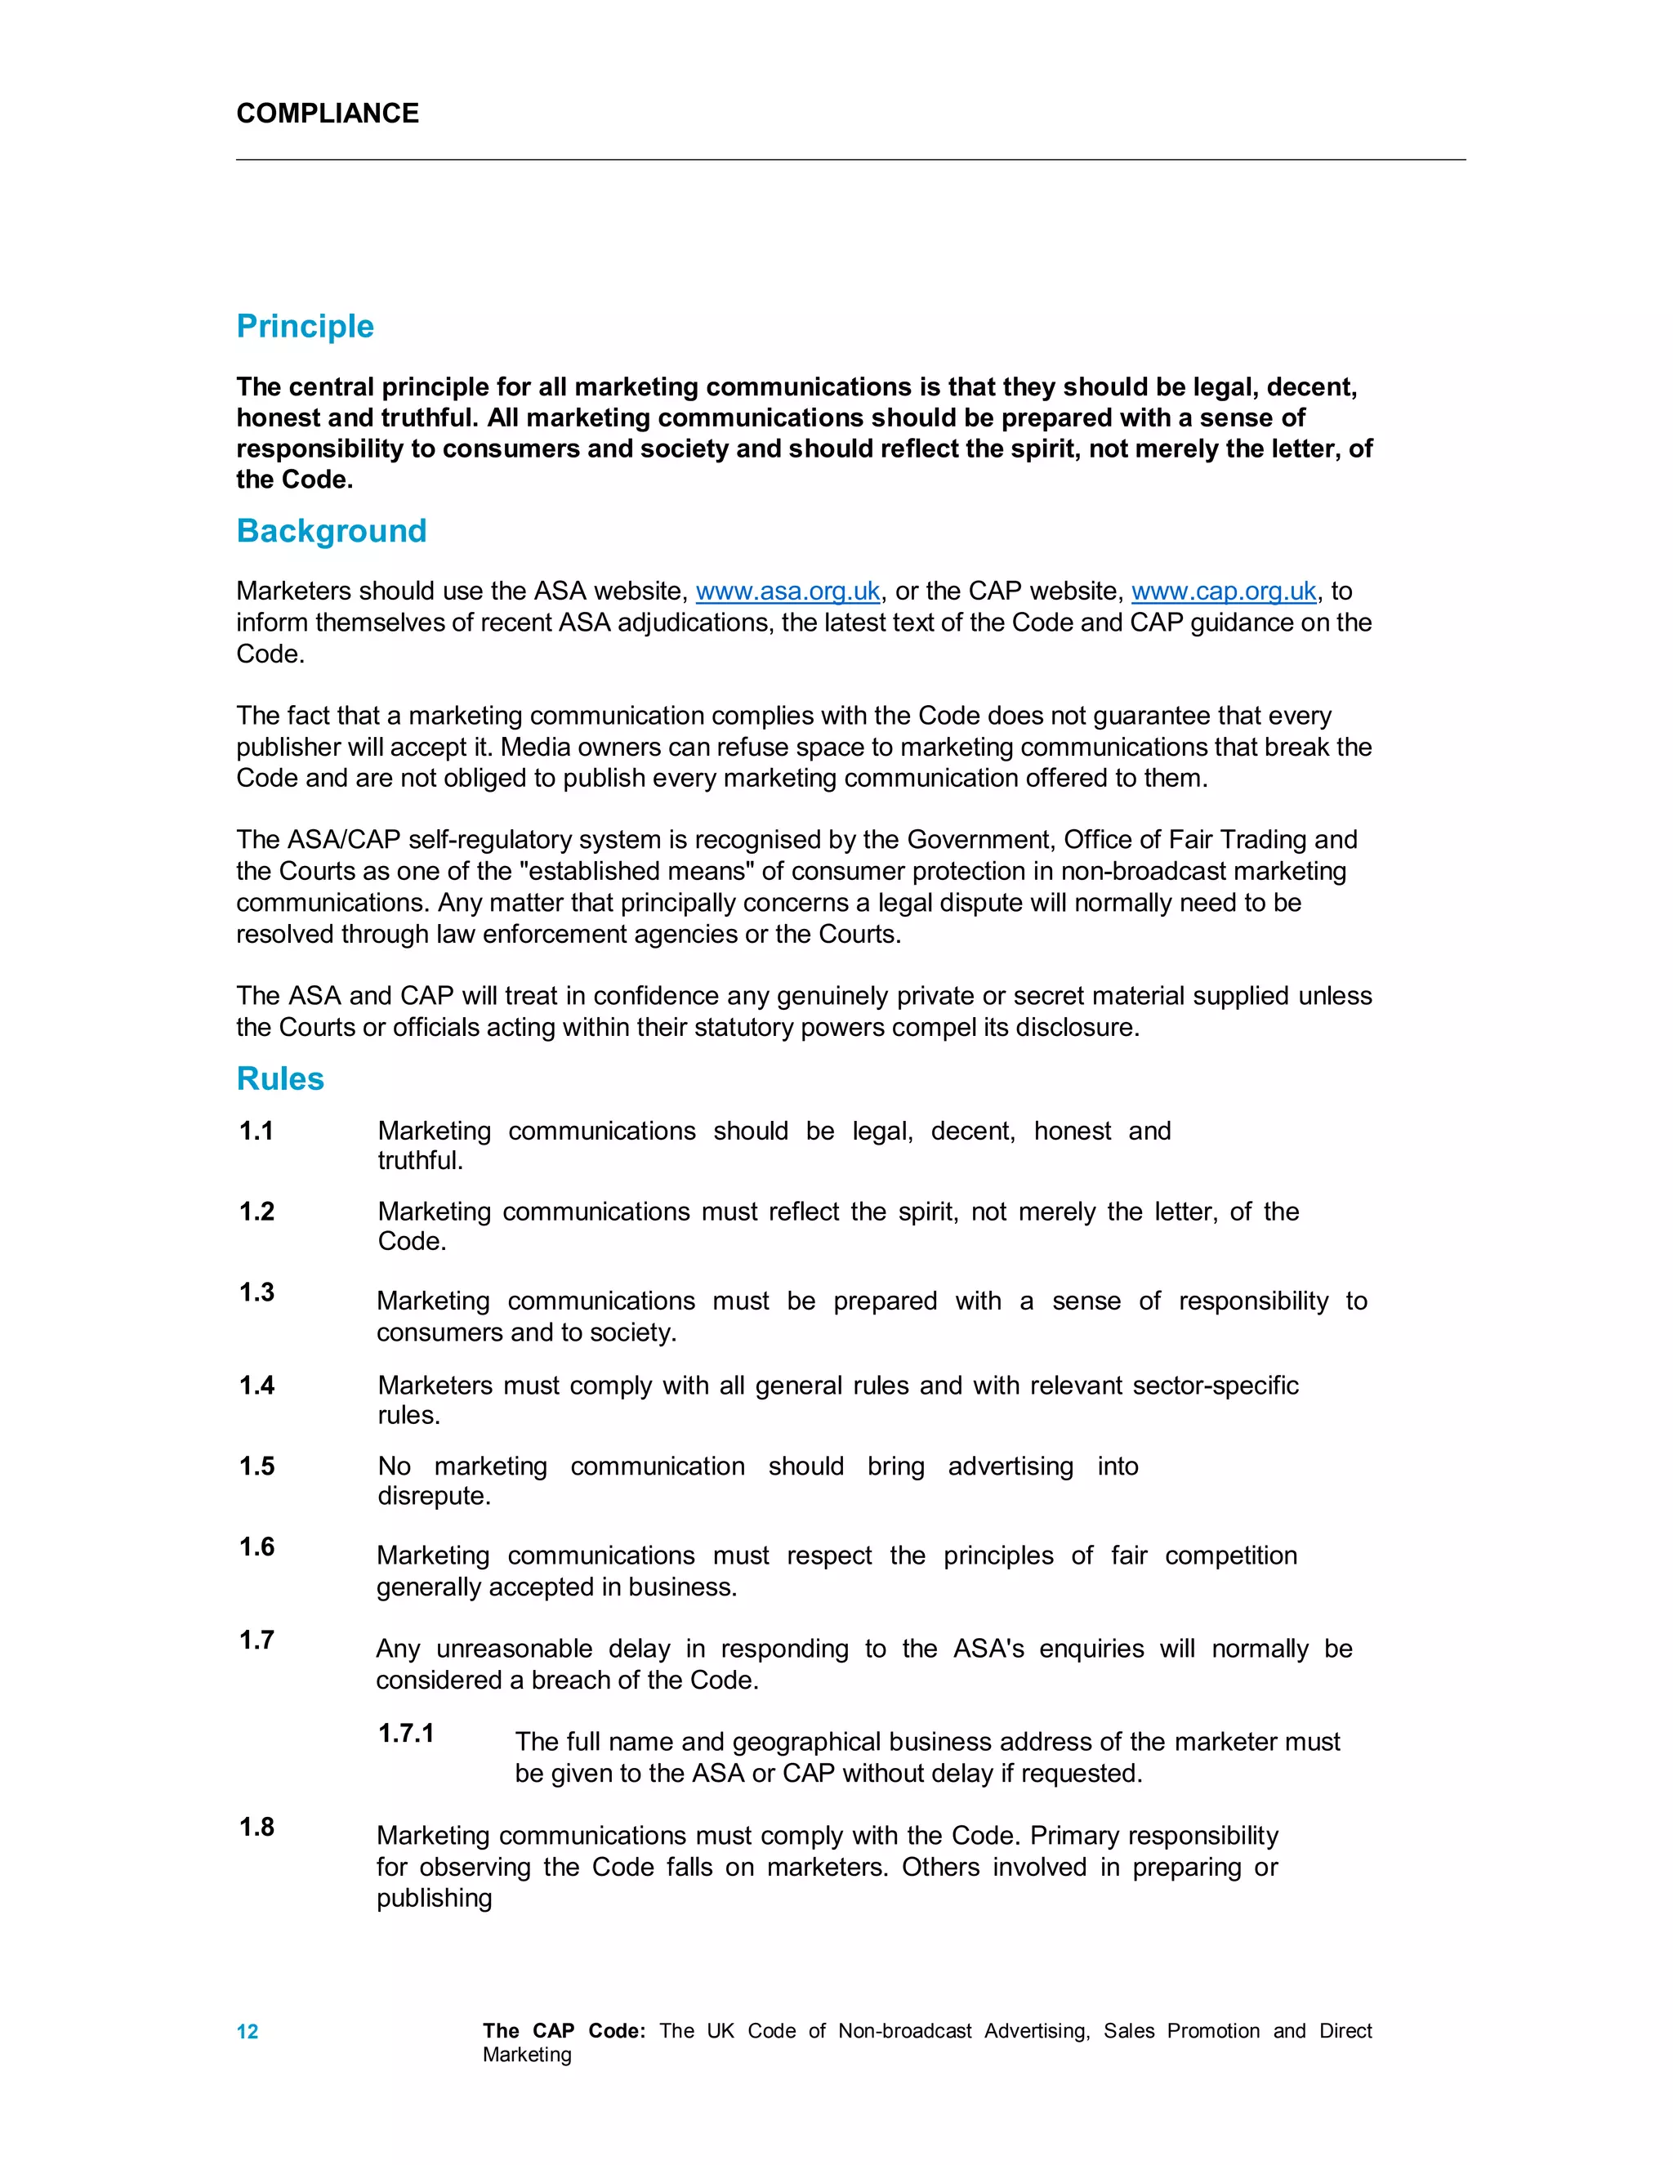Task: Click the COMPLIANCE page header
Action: (x=327, y=113)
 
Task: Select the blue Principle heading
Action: (x=306, y=326)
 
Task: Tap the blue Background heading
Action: (x=331, y=530)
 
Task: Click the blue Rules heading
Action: (x=280, y=1078)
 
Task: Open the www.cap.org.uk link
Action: (x=1223, y=591)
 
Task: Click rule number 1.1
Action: (x=257, y=1130)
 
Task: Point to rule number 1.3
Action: (x=257, y=1292)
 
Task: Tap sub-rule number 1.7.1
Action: (x=406, y=1733)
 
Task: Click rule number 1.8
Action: (x=257, y=1826)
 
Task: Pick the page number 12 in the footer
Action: (x=247, y=2031)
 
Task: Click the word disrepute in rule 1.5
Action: (x=434, y=1495)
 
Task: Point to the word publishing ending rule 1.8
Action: (x=434, y=1899)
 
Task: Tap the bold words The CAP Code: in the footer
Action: (x=564, y=2030)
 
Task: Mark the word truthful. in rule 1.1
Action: (x=420, y=1160)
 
